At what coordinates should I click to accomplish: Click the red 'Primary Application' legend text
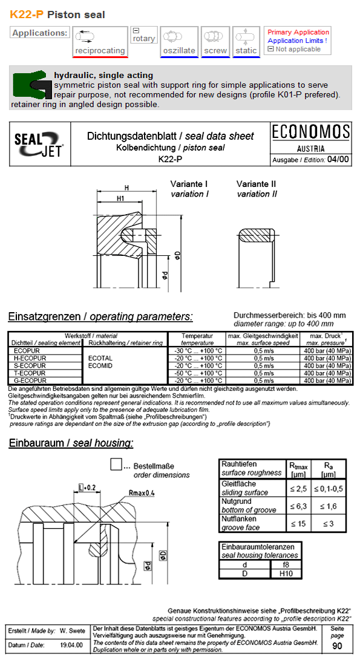point(298,32)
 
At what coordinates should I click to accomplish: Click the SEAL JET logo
point(39,144)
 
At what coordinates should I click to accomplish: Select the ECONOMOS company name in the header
point(311,132)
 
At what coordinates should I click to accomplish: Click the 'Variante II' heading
point(257,184)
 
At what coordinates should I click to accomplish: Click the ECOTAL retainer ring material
point(100,358)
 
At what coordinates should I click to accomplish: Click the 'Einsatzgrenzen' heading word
point(43,316)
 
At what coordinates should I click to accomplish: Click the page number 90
point(337,645)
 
